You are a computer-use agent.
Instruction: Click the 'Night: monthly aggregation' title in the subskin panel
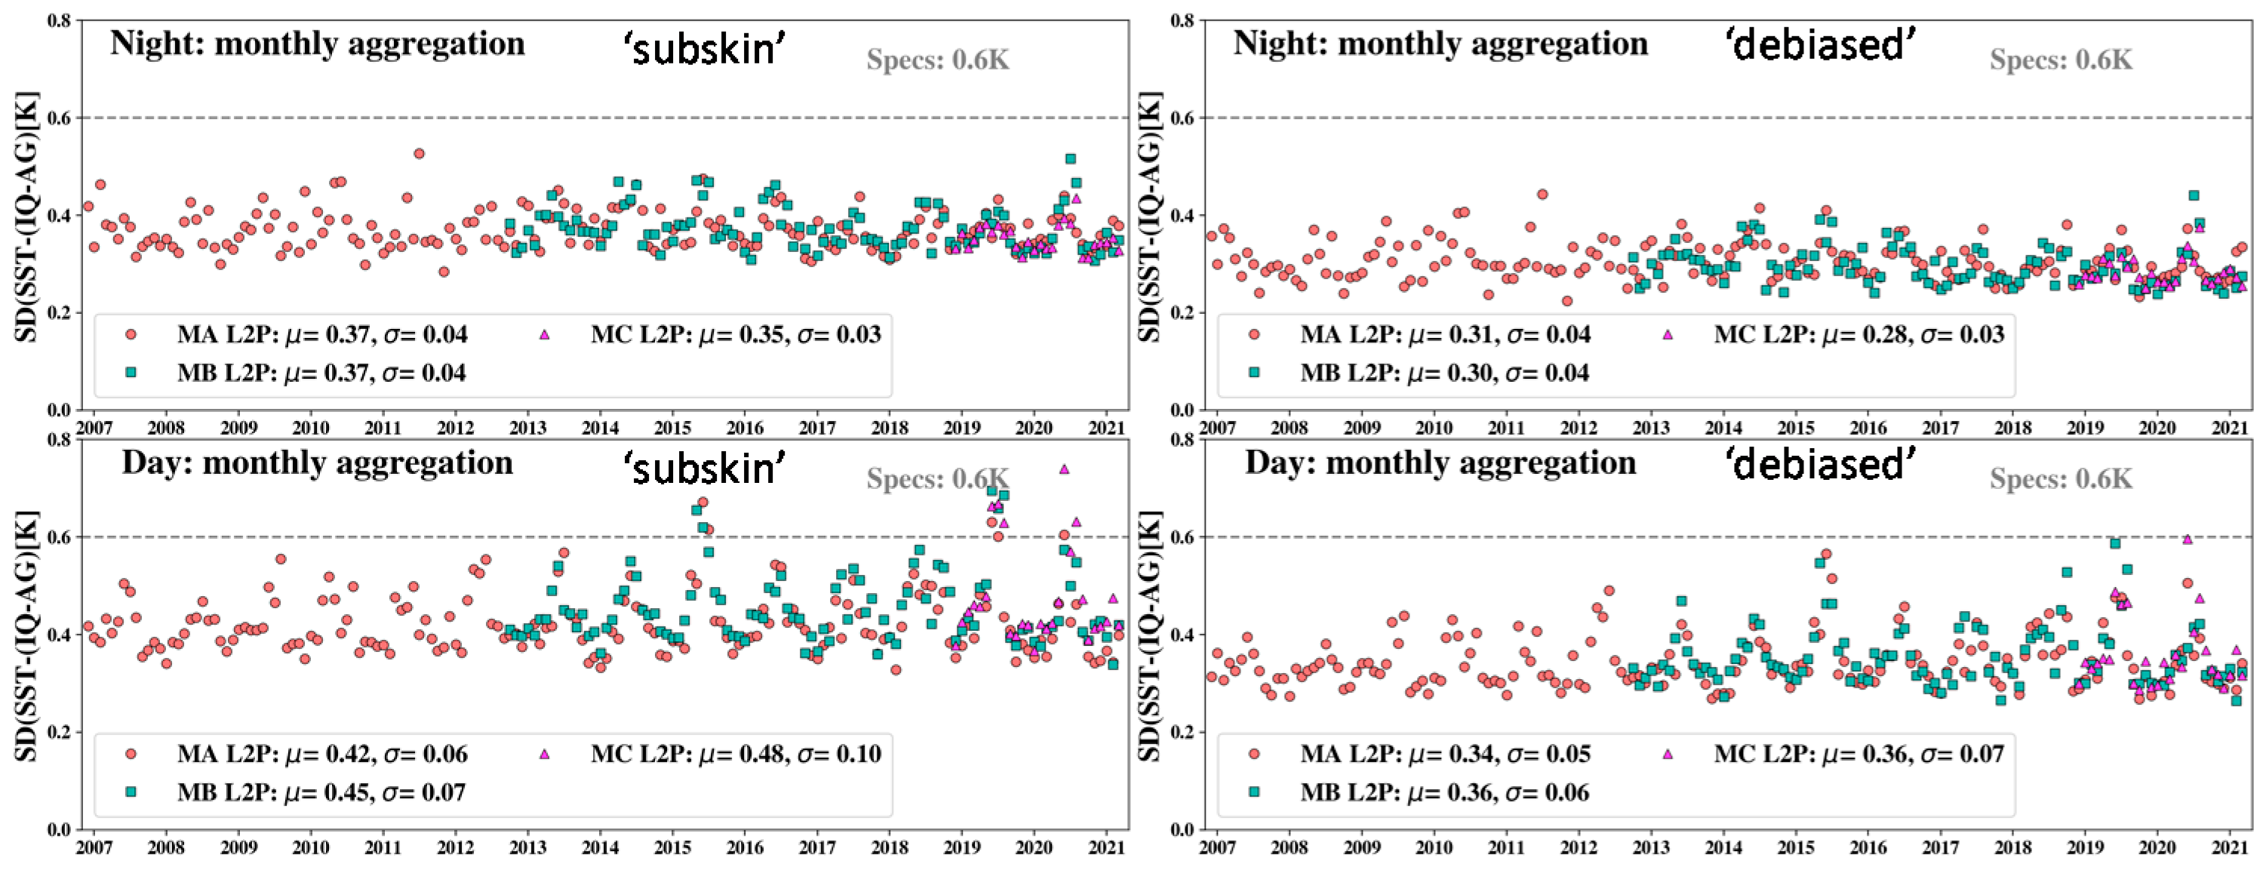point(317,44)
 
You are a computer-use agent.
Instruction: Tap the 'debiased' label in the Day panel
point(1822,463)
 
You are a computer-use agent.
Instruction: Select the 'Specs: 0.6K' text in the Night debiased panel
point(2061,60)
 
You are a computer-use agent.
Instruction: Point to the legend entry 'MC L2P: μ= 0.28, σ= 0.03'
point(1859,334)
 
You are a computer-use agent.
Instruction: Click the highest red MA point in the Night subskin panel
point(419,154)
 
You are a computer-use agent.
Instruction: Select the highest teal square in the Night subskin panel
point(1071,159)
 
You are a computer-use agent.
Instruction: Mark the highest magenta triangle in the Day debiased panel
point(2187,540)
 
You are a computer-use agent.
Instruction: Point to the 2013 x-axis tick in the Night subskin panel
point(527,429)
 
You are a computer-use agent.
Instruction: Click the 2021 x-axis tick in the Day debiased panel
point(2230,848)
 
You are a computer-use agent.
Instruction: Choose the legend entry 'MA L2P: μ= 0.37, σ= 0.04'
point(322,334)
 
